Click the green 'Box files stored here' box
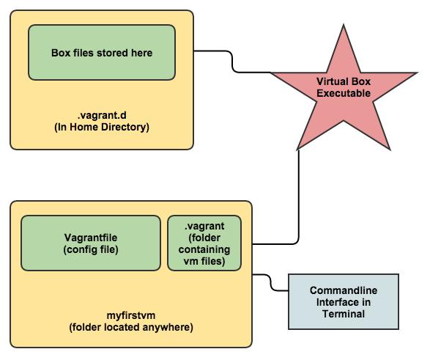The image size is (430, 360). pos(102,52)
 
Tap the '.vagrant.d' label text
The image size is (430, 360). pos(102,115)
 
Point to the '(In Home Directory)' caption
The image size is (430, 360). pos(102,127)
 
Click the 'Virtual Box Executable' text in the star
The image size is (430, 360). pos(344,87)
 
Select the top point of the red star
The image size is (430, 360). pos(344,25)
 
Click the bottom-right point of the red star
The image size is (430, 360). pos(390,150)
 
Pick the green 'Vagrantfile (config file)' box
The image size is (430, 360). pos(91,243)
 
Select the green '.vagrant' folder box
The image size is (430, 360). pos(204,243)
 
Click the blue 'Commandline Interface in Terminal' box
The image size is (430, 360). pos(344,301)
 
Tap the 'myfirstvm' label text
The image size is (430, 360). pos(131,315)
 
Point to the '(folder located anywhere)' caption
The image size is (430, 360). pos(131,327)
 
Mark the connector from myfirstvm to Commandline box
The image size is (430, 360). pos(270,282)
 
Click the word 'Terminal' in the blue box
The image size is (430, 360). pos(344,314)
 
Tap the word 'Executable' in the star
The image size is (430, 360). pos(344,93)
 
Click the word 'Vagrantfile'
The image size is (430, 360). pos(91,238)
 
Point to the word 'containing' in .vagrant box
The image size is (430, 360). pos(204,249)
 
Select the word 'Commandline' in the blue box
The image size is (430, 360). pos(344,290)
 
